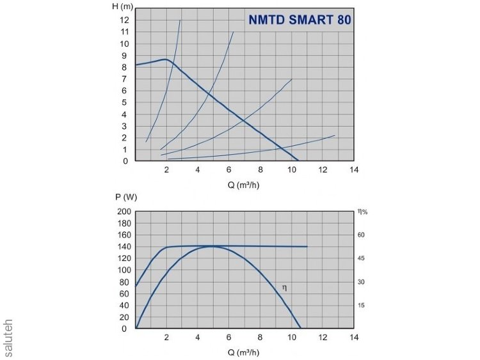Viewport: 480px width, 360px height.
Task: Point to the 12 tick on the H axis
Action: tap(125, 20)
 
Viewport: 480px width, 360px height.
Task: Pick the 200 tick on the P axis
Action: tap(122, 212)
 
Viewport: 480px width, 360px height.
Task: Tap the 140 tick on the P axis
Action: tap(122, 247)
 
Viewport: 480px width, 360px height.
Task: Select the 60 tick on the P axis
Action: tap(125, 293)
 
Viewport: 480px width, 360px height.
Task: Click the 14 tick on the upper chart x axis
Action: tap(354, 170)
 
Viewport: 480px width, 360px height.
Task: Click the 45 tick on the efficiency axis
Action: tap(361, 258)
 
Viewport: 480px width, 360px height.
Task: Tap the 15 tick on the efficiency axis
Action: tap(361, 306)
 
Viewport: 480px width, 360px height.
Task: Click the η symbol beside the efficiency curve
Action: tap(285, 288)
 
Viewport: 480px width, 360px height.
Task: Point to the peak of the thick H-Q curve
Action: tap(166, 59)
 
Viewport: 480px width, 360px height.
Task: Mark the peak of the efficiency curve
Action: tap(212, 246)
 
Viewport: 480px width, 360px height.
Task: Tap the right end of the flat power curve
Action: tap(307, 246)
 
